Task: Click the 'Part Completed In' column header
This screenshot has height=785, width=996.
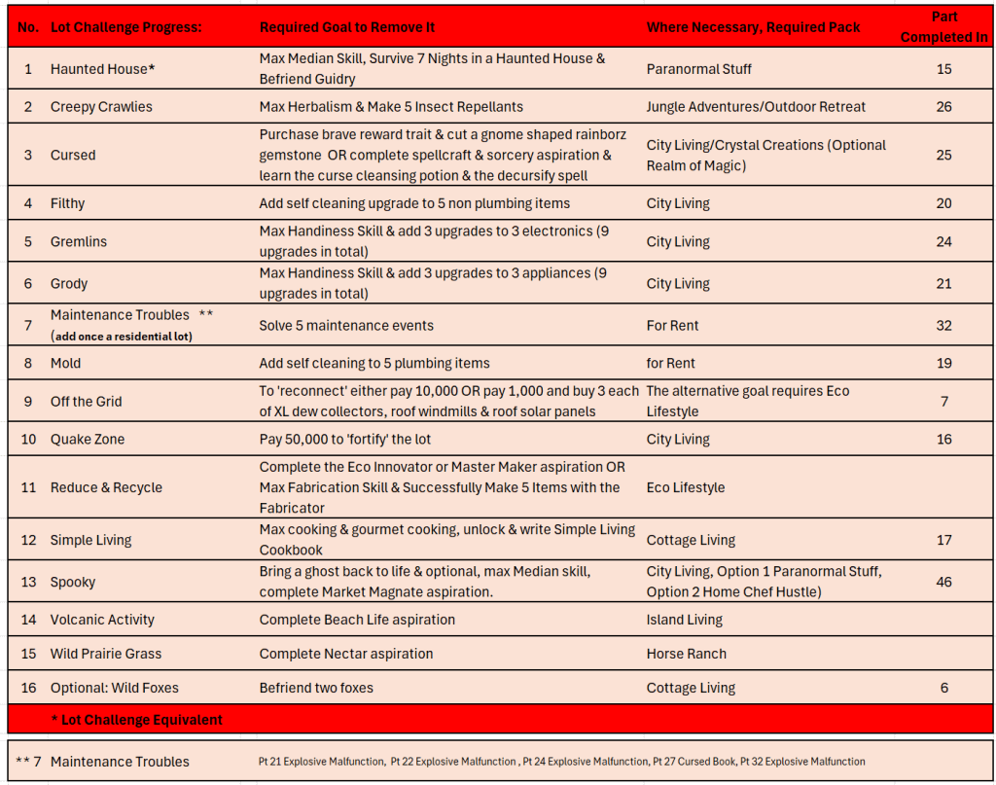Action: point(943,26)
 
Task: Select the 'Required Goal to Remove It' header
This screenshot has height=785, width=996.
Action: point(347,27)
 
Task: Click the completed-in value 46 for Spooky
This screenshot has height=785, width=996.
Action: point(943,582)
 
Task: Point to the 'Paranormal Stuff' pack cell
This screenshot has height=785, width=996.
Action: point(699,69)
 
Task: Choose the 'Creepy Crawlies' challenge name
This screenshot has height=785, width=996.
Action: point(101,106)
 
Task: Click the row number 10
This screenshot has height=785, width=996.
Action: point(28,439)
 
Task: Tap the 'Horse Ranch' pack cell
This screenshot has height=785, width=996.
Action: point(687,654)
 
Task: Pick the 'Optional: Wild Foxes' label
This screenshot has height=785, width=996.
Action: point(115,688)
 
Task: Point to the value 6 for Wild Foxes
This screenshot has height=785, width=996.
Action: point(943,688)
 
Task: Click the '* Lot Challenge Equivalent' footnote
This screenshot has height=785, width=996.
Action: point(136,720)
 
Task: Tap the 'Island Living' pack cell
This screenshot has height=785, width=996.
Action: point(685,620)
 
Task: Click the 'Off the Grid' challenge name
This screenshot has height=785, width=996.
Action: point(87,401)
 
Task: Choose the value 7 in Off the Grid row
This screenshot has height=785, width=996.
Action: point(943,401)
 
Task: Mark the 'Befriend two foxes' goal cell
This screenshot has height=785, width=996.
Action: point(316,688)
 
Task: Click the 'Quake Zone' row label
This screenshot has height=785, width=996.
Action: point(86,439)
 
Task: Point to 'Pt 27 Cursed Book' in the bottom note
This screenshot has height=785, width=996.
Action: point(694,762)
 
